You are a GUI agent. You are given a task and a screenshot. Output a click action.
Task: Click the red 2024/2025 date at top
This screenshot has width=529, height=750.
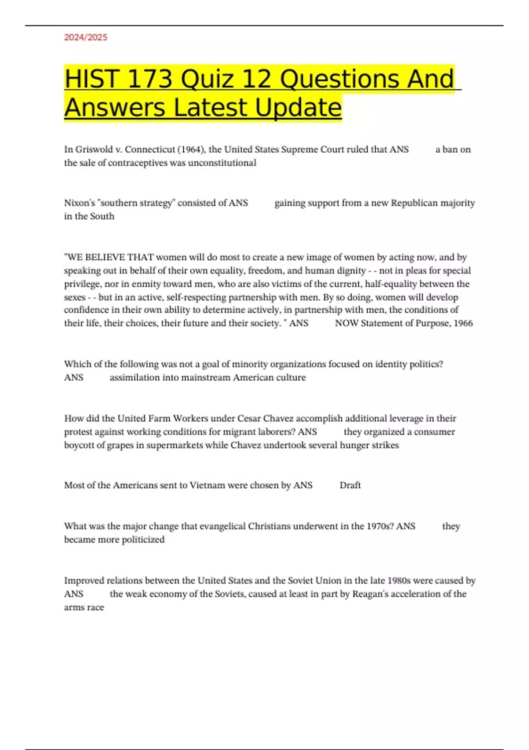(x=86, y=37)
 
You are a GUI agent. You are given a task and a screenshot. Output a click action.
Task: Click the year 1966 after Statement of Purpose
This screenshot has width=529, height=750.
(x=463, y=323)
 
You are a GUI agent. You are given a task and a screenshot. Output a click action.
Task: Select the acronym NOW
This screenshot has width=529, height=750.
(x=346, y=323)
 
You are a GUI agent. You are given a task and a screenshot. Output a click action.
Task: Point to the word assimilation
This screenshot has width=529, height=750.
(x=134, y=378)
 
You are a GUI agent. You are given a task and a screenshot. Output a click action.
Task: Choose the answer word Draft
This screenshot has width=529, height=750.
(x=350, y=485)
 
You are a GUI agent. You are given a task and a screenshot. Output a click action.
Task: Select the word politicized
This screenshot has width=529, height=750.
(x=143, y=540)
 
